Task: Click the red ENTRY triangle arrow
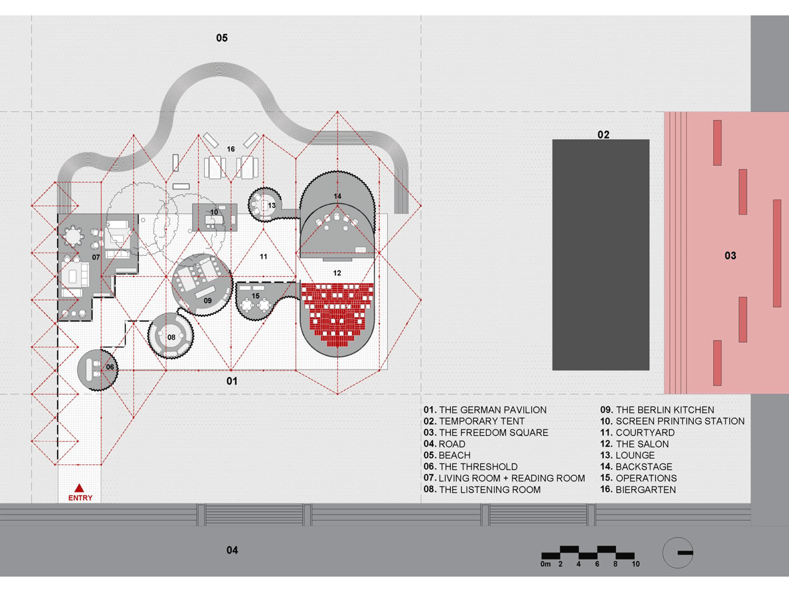tap(79, 489)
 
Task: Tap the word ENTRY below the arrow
tap(80, 498)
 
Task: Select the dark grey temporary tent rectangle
tap(601, 255)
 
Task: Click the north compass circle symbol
tap(678, 553)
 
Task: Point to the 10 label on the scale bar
tap(636, 564)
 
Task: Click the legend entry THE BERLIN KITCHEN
tap(657, 410)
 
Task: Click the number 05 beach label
tap(222, 38)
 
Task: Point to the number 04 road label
tap(232, 550)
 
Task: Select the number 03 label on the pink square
tap(730, 256)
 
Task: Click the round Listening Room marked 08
tap(171, 335)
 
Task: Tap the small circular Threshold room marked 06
tap(98, 369)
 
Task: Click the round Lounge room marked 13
tap(264, 204)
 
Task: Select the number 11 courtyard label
tap(263, 257)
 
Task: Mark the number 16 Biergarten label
tap(231, 149)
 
